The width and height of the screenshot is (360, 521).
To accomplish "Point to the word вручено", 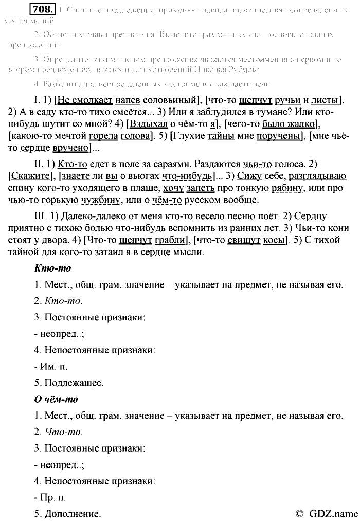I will (x=69, y=150).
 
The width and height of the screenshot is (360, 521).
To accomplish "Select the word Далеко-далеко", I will (x=61, y=215).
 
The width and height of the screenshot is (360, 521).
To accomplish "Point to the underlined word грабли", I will (x=166, y=240).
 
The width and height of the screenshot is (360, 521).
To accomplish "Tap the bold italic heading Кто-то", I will (x=52, y=268).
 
